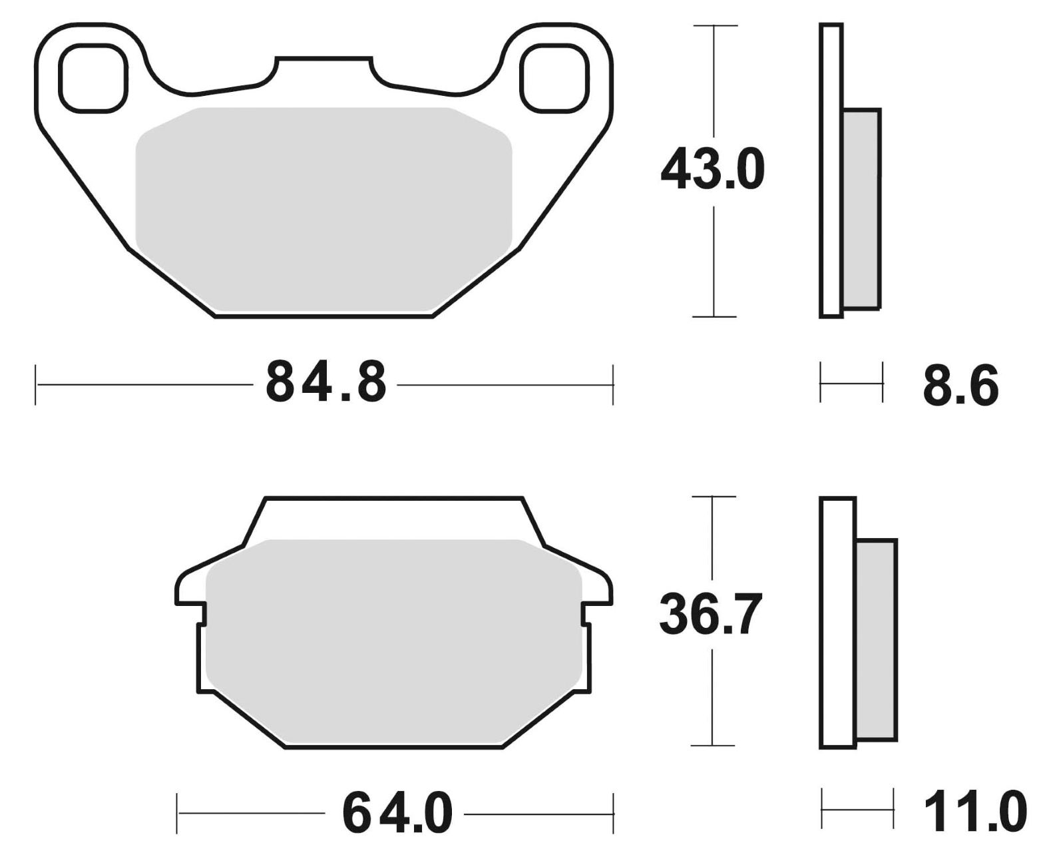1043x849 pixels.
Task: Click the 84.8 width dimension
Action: pyautogui.click(x=326, y=382)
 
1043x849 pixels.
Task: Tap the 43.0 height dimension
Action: pyautogui.click(x=712, y=170)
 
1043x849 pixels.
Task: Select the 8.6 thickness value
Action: pyautogui.click(x=960, y=385)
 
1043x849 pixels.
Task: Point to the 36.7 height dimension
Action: pyautogui.click(x=710, y=614)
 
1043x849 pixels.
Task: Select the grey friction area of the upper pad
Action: pyautogui.click(x=323, y=210)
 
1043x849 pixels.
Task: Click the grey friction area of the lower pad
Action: pyautogui.click(x=393, y=641)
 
